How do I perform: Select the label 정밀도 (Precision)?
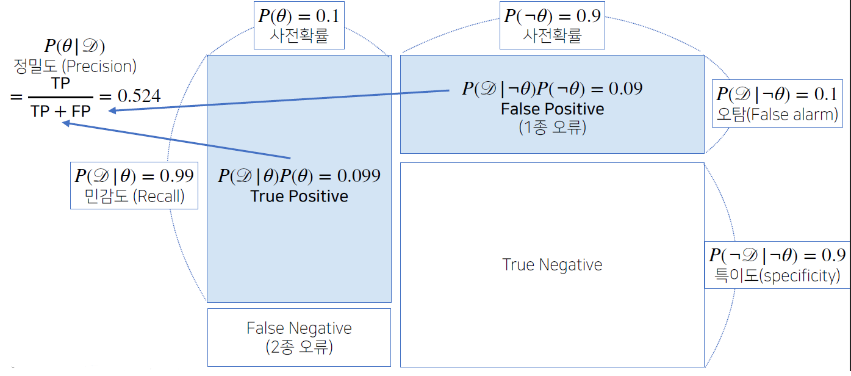tap(75, 67)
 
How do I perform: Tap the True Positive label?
tap(299, 196)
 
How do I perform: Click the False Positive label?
tap(552, 109)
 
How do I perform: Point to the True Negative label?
tap(552, 265)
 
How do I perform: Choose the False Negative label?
tap(299, 328)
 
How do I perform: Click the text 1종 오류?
tap(552, 128)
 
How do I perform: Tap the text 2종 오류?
tap(299, 347)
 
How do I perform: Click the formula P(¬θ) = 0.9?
tap(552, 15)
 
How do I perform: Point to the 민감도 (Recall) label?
tap(134, 197)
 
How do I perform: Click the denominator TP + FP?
tap(61, 110)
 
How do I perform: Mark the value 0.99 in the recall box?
tap(176, 176)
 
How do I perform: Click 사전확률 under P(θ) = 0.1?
tap(299, 35)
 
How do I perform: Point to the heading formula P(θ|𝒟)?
tap(75, 46)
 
